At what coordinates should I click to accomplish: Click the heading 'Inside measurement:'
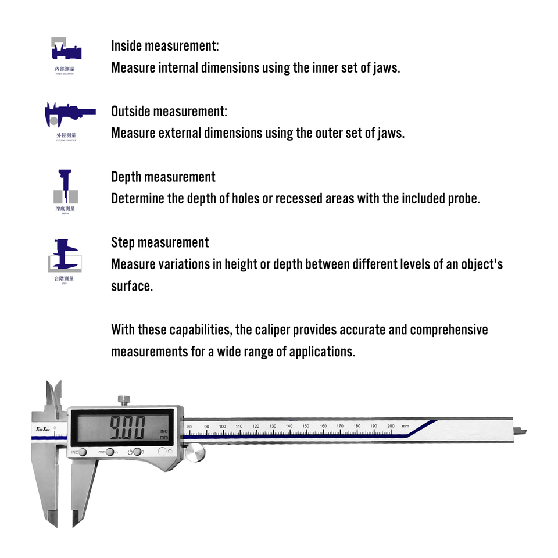(x=164, y=46)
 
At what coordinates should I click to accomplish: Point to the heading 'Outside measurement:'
(x=169, y=111)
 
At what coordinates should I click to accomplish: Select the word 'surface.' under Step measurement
(x=131, y=286)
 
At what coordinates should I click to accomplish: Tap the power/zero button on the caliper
(x=137, y=452)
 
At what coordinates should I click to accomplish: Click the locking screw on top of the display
(x=124, y=400)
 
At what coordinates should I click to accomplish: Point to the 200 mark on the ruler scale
(x=391, y=427)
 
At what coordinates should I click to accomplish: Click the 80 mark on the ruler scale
(x=189, y=427)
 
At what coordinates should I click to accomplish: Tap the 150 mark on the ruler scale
(x=306, y=427)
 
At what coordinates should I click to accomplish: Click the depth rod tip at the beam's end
(x=524, y=431)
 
